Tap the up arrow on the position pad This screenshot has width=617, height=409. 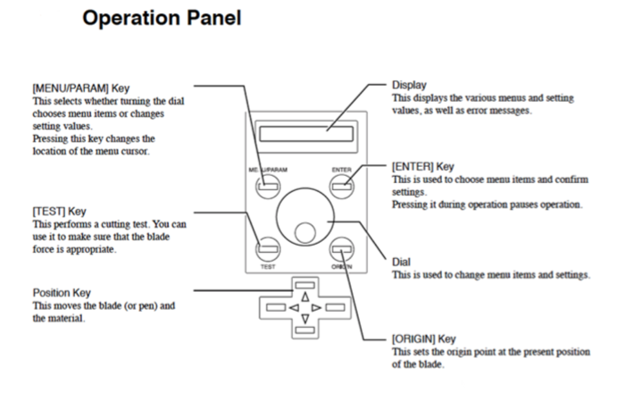[x=304, y=297]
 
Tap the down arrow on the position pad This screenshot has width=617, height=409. [x=304, y=319]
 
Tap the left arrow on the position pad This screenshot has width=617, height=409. [x=291, y=308]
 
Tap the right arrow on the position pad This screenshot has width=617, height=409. [x=318, y=308]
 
